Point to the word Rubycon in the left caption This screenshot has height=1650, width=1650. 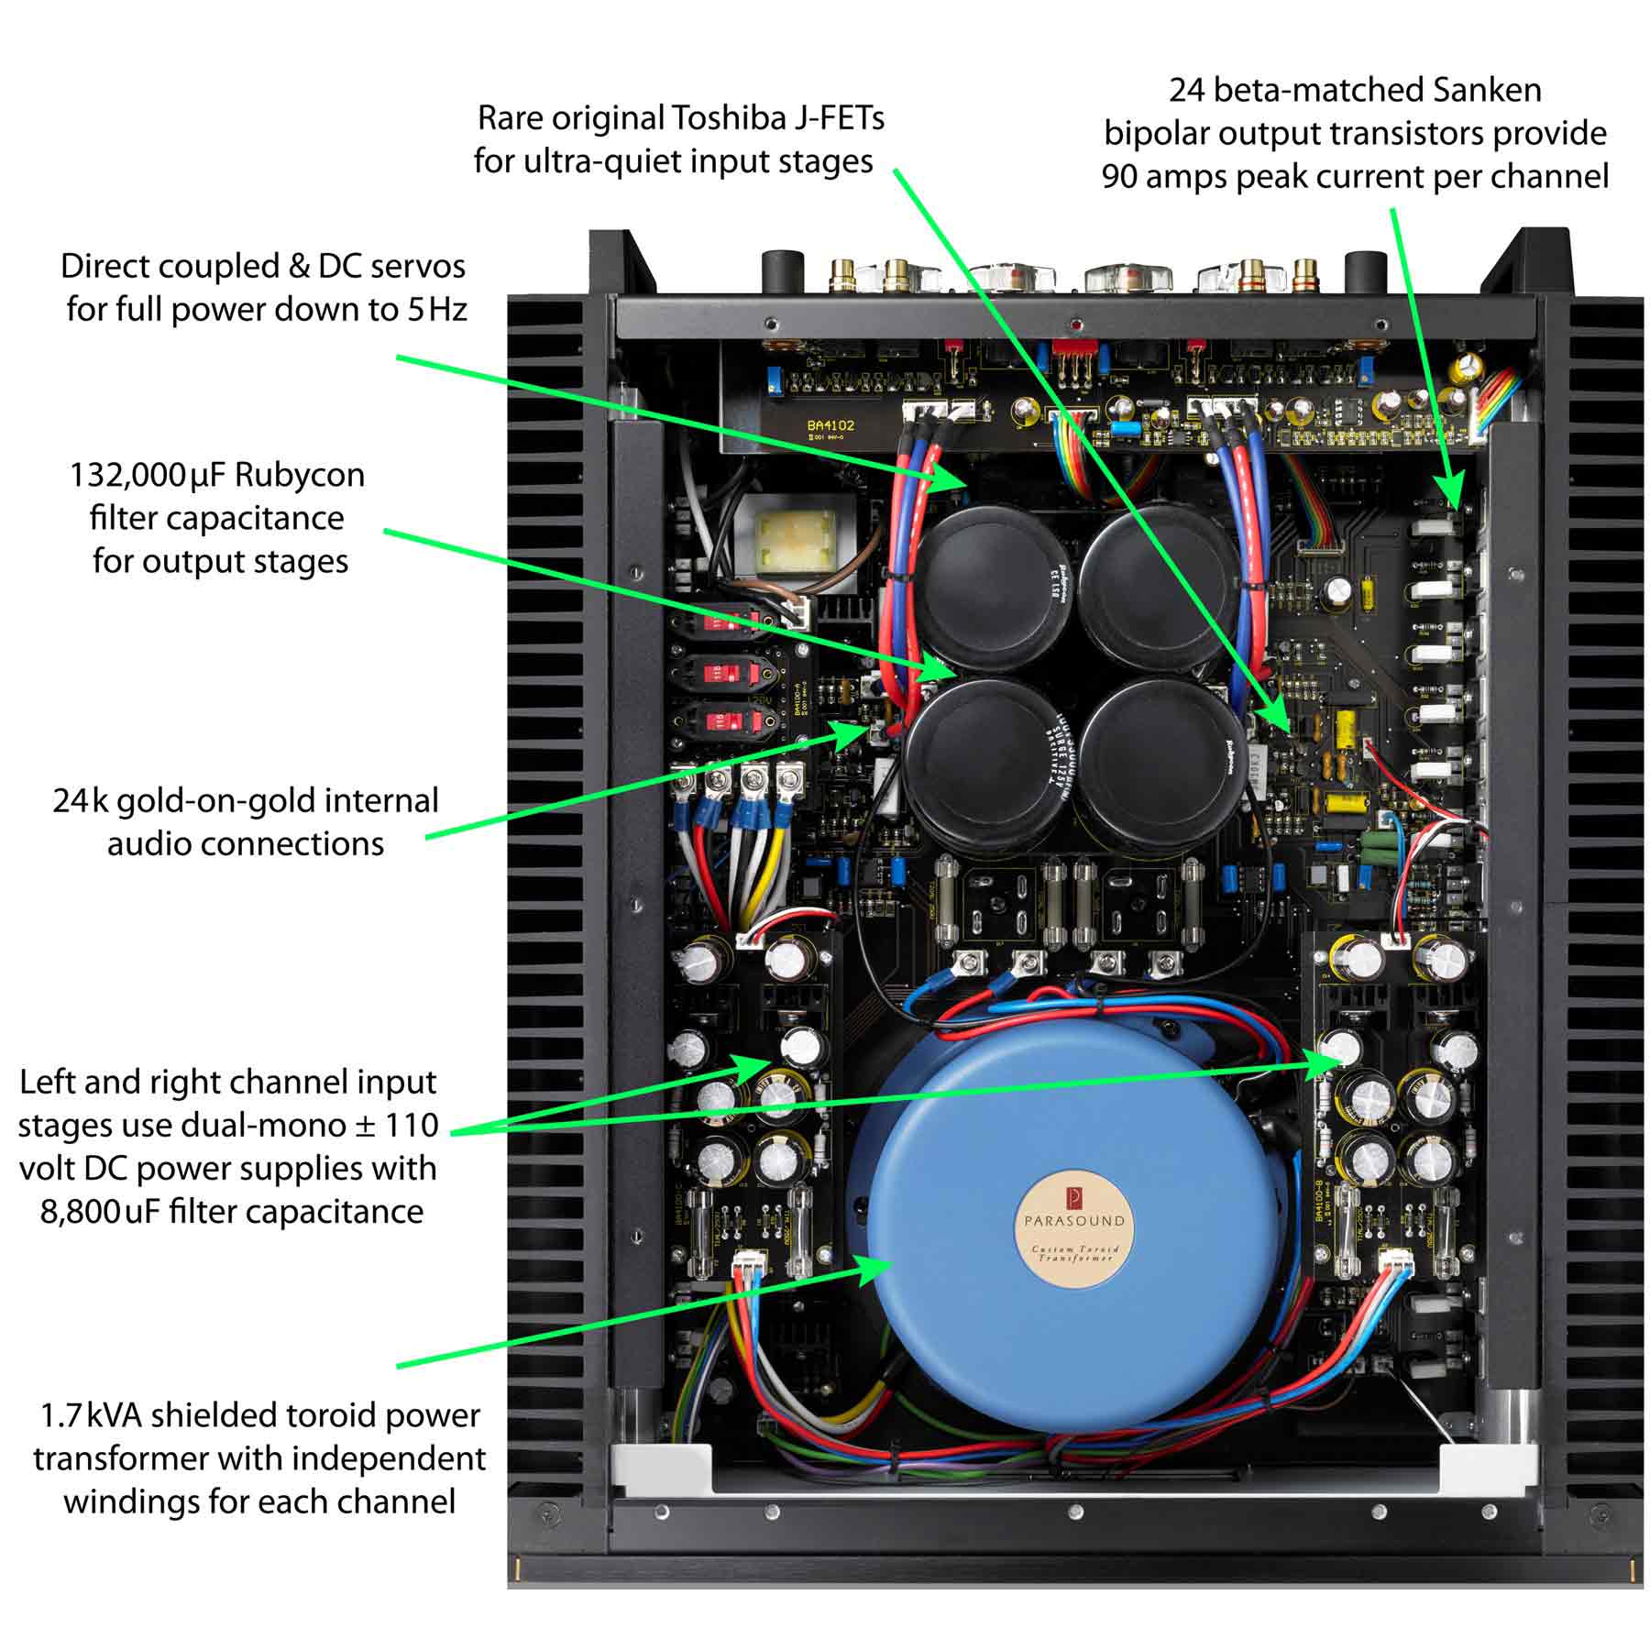[300, 475]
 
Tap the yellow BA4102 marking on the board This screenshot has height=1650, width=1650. [830, 425]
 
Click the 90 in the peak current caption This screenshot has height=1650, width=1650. [1120, 176]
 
